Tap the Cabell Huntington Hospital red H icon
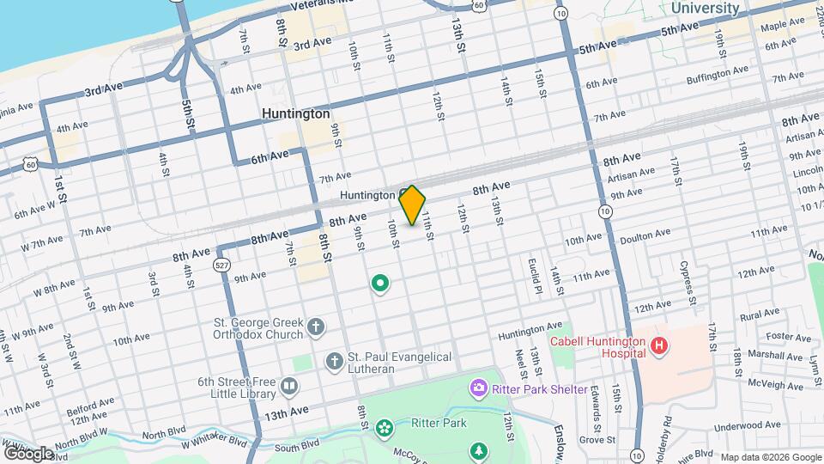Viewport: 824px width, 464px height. pos(658,346)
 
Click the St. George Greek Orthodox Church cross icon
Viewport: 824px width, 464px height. pos(316,327)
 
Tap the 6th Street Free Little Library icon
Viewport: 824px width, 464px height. pos(288,389)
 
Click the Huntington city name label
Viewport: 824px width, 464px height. pos(295,113)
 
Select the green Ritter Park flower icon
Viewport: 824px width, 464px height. pos(384,424)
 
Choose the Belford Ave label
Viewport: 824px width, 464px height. pos(94,402)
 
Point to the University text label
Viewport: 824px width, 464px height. pos(705,8)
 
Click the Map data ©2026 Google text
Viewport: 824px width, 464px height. pos(770,457)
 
